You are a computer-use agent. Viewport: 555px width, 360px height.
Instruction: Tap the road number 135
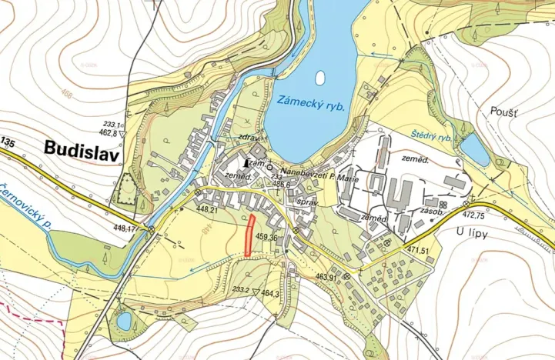pyautogui.click(x=8, y=142)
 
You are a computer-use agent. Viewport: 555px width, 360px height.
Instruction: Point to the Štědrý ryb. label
pyautogui.click(x=430, y=135)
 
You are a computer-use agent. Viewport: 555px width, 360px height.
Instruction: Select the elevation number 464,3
pyautogui.click(x=269, y=293)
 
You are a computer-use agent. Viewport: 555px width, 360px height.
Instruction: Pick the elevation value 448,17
pyautogui.click(x=126, y=228)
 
